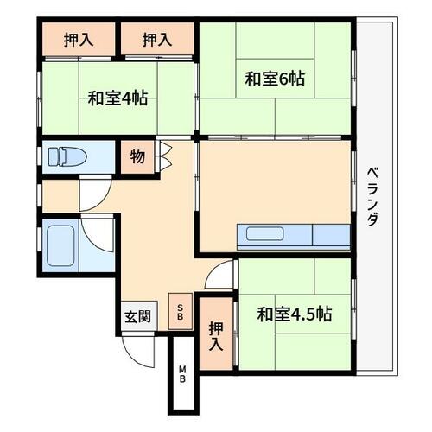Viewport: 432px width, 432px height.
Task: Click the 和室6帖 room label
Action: [x=275, y=79]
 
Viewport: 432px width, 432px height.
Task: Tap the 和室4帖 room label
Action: [x=118, y=98]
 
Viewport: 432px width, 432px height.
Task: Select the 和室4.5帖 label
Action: [x=295, y=314]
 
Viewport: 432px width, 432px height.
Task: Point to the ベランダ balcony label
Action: [x=372, y=196]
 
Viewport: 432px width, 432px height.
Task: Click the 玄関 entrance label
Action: [x=137, y=316]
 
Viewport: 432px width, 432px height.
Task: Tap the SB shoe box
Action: [x=181, y=312]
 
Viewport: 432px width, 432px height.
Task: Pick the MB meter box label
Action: [x=182, y=373]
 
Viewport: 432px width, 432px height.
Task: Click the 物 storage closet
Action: [x=137, y=157]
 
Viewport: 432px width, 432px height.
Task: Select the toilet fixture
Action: [x=67, y=157]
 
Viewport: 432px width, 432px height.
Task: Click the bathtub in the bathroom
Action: [x=60, y=245]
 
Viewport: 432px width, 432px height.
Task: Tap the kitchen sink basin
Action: [x=264, y=233]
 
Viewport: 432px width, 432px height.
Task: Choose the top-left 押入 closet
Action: [x=79, y=39]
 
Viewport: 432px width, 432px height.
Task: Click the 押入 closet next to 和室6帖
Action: [x=157, y=39]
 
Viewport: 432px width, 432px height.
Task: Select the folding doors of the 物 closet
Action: [x=164, y=157]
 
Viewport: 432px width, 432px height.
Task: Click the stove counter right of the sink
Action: [x=331, y=235]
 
